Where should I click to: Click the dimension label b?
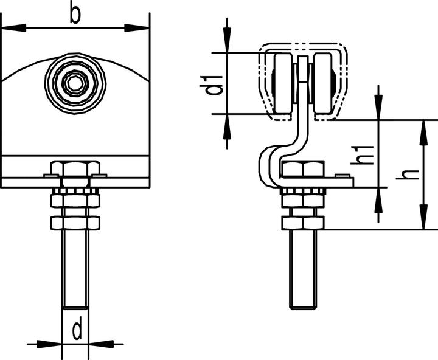pyautogui.click(x=75, y=15)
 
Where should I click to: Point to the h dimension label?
pyautogui.click(x=408, y=175)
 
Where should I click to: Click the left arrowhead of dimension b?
pyautogui.click(x=14, y=28)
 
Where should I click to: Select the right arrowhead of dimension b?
pyautogui.click(x=137, y=28)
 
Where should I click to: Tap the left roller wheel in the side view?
pyautogui.click(x=284, y=83)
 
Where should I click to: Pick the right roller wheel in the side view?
pyautogui.click(x=322, y=83)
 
